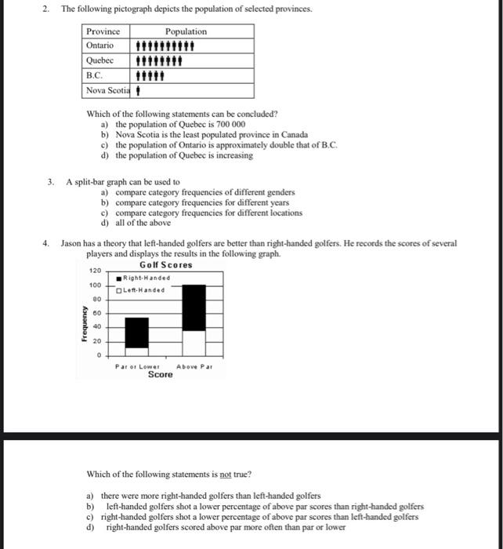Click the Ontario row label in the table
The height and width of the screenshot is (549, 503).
(x=100, y=45)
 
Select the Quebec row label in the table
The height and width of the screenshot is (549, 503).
(x=100, y=60)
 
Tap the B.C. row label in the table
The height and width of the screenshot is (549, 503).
(x=95, y=75)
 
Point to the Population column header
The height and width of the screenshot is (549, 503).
(x=186, y=31)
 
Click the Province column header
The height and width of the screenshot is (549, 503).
(x=103, y=31)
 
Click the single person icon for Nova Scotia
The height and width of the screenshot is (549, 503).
(x=139, y=90)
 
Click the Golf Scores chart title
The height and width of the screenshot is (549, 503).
(x=165, y=265)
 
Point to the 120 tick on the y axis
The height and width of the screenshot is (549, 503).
(x=94, y=271)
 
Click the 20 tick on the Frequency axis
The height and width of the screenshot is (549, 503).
(x=96, y=341)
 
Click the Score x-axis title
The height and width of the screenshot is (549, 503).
(x=160, y=375)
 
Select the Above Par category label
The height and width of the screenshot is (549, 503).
(x=194, y=366)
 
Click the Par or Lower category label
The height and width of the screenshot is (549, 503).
(x=137, y=366)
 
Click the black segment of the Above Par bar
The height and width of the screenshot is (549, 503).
(x=194, y=307)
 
